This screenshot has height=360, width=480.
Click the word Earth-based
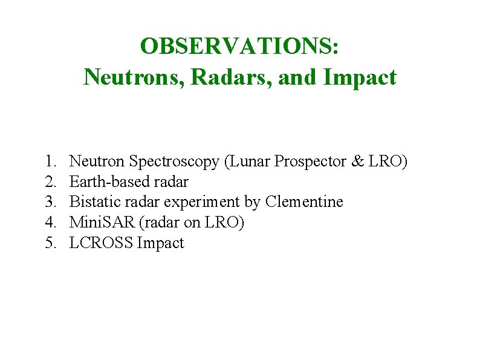coord(106,182)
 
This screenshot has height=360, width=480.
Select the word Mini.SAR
coord(102,223)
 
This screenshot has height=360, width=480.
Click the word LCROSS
coord(102,243)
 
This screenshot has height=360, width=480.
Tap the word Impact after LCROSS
coord(161,243)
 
